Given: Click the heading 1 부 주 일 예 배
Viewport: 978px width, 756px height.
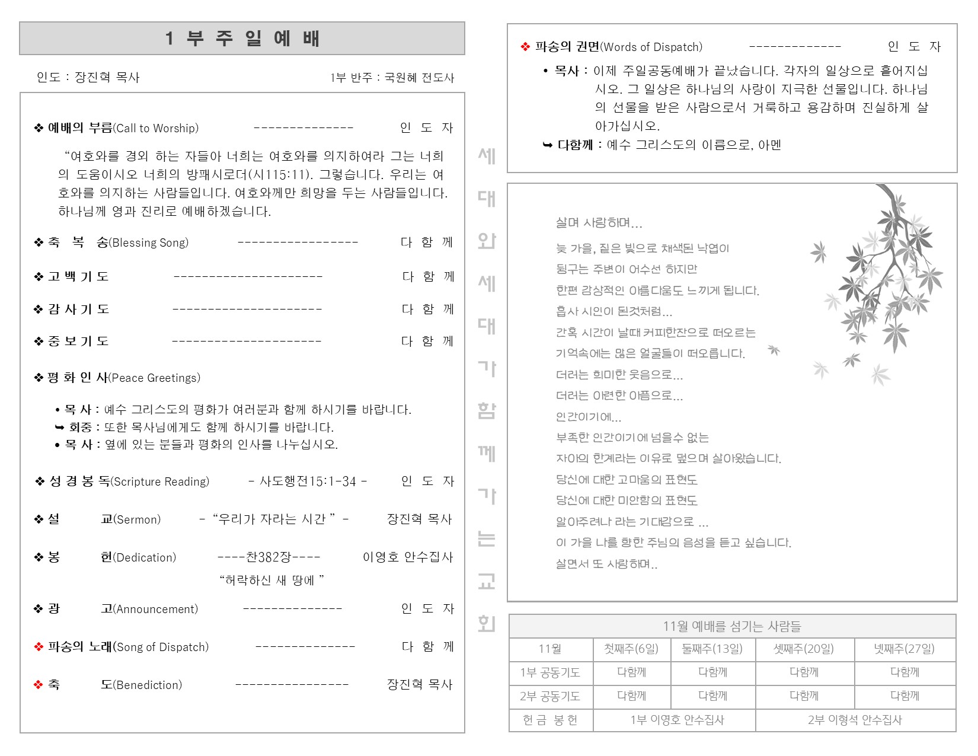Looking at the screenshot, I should tap(242, 39).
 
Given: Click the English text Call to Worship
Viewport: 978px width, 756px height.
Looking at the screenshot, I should tap(156, 128).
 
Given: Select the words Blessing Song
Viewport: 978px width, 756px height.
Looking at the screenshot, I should tap(149, 243).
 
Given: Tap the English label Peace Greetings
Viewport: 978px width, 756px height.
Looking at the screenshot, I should tap(155, 378).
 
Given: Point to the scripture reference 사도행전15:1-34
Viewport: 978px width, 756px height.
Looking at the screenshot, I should tap(308, 481).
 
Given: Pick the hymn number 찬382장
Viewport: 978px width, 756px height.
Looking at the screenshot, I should tap(269, 557).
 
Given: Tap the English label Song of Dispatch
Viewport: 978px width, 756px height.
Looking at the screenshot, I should tap(161, 647).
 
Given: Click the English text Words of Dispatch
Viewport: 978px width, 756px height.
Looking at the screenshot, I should tap(651, 47).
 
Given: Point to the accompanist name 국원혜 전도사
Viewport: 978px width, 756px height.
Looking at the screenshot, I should tap(419, 78).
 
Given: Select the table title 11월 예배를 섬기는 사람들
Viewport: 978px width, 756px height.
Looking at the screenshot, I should tap(731, 626).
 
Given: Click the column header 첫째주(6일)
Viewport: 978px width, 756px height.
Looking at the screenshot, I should tap(631, 649).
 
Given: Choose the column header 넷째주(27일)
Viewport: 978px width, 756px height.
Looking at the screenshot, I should tap(904, 649).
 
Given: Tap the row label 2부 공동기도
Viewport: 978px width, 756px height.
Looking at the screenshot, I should tap(550, 696).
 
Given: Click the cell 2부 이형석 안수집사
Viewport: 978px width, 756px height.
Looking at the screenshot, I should tap(855, 720).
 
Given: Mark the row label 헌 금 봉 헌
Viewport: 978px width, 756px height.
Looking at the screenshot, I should tap(550, 720).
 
